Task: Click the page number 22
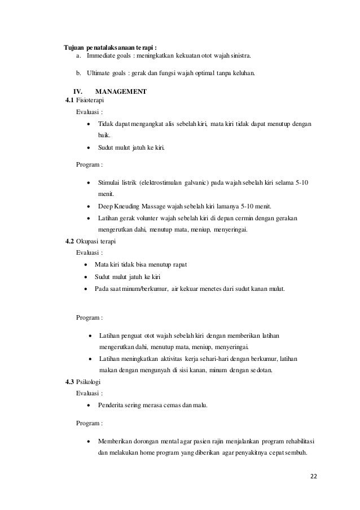tap(314, 476)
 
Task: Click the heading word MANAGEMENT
tap(121, 91)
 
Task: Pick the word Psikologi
tap(88, 382)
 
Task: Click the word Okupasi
tap(87, 241)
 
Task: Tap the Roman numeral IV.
tap(78, 91)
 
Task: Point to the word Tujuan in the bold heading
tap(73, 47)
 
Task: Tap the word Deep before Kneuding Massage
tap(105, 206)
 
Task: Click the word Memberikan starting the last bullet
tap(115, 441)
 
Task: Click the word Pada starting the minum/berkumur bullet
tap(102, 289)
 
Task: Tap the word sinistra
tap(236, 57)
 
